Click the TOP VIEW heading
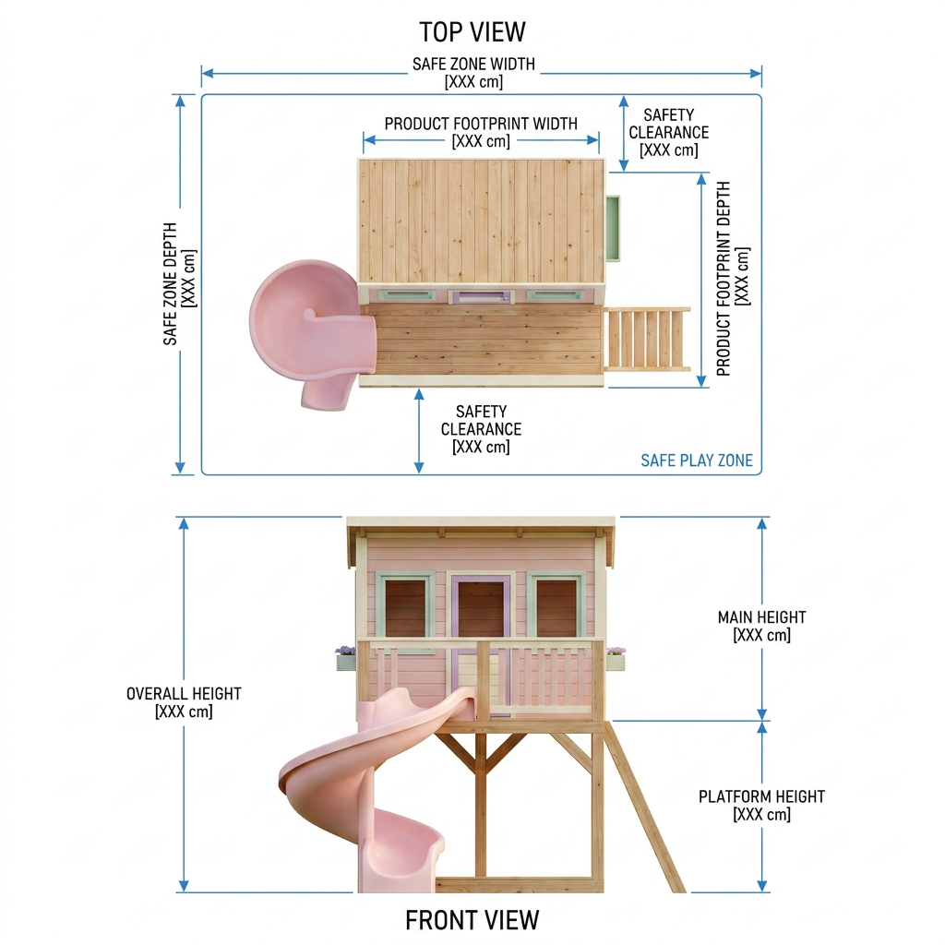(472, 32)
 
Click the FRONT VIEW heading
(472, 920)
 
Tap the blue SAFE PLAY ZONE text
(697, 461)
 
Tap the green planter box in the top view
(613, 229)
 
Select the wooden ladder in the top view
(647, 338)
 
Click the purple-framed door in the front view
(481, 645)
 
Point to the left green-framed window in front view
(406, 605)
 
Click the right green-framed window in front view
(556, 605)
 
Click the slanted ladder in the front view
(644, 807)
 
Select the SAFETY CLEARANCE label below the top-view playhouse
(481, 429)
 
